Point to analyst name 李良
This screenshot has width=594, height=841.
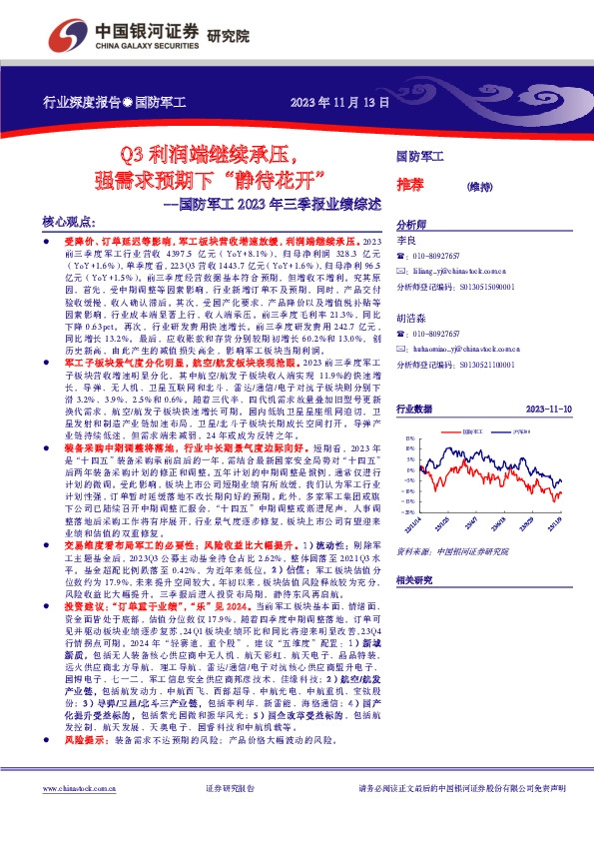coord(405,242)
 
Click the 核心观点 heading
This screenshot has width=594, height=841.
coord(69,225)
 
